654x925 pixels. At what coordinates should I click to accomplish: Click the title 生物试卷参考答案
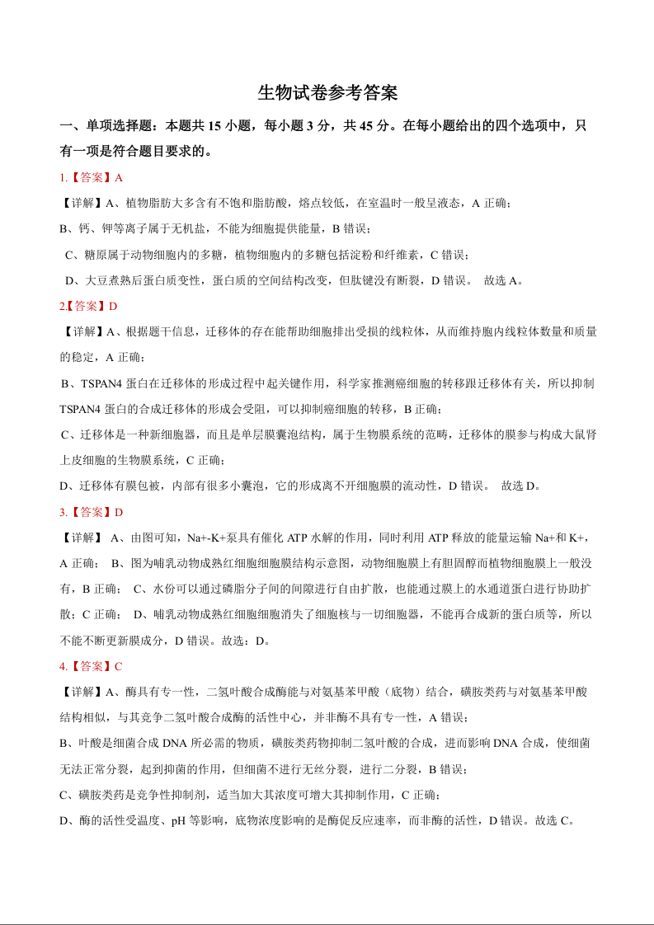(x=327, y=93)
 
